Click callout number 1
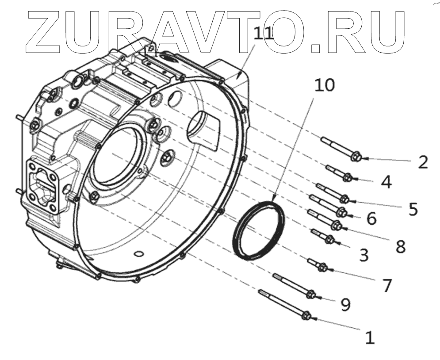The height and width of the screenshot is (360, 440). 370,338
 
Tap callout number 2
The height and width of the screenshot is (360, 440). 423,162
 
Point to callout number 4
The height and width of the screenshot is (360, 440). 386,182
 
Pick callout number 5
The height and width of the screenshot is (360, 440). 413,209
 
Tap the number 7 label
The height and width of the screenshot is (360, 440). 387,286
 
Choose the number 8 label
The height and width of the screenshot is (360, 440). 400,246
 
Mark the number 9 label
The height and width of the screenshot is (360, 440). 345,304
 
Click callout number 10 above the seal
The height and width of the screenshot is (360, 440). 325,86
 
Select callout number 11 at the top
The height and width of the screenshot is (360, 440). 264,34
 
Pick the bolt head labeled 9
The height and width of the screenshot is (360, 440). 310,293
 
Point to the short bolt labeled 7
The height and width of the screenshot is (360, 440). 320,267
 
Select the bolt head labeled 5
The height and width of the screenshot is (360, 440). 344,199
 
